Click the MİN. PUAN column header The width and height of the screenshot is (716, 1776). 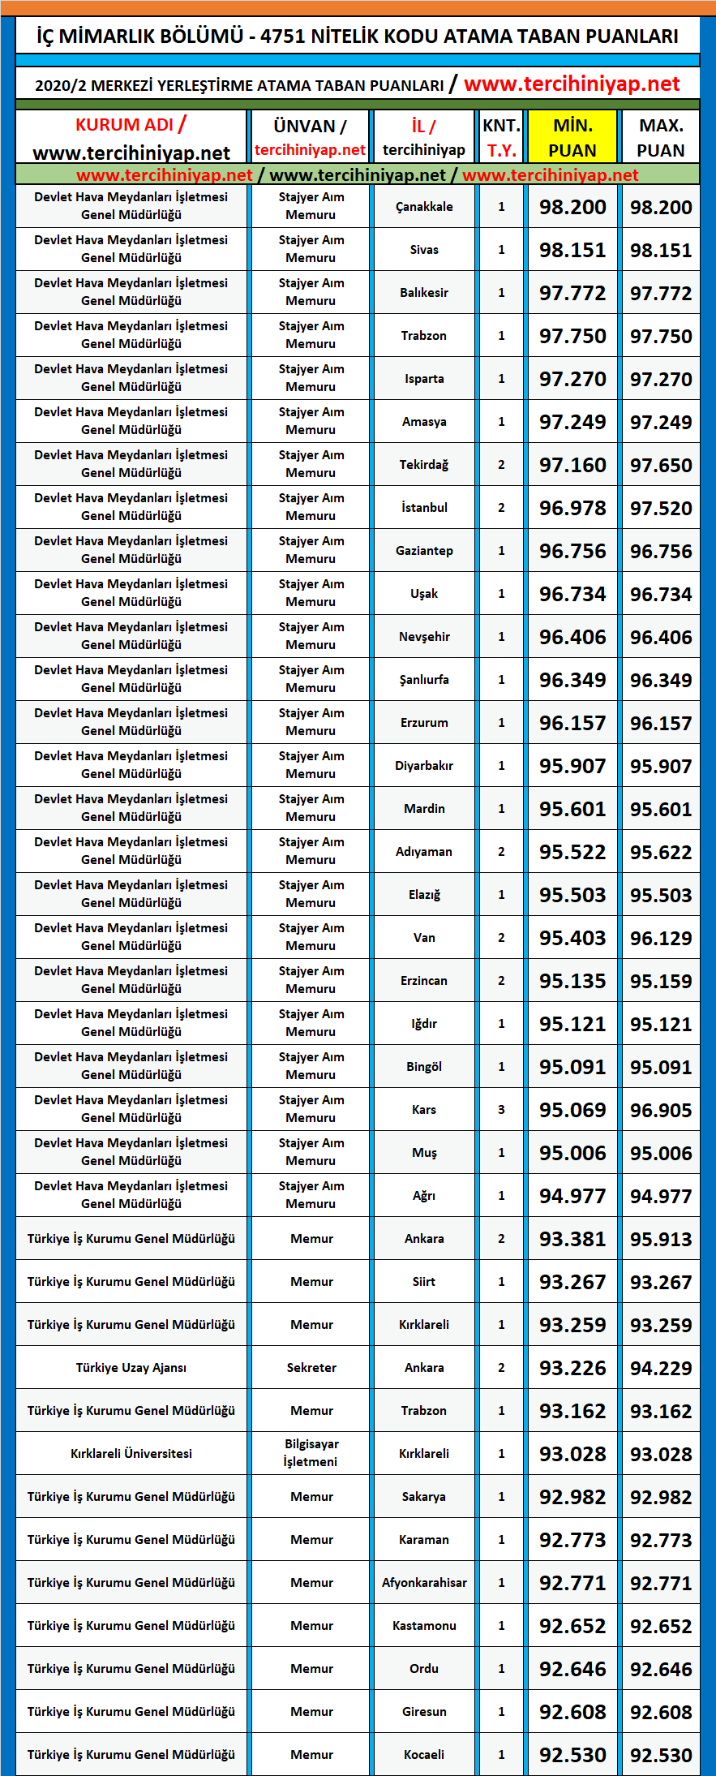pos(572,137)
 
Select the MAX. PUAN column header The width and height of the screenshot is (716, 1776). pos(661,137)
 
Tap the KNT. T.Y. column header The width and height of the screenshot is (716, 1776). pos(501,137)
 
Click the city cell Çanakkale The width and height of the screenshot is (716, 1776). pos(424,207)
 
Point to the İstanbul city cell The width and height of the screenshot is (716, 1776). pos(424,508)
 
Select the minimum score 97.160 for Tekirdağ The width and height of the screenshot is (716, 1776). pos(572,466)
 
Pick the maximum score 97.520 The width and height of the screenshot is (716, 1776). pos(661,509)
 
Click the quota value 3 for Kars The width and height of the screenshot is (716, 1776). pos(501,1110)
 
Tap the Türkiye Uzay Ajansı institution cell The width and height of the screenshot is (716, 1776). pos(131,1368)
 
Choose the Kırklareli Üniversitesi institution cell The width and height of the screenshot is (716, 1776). pos(131,1454)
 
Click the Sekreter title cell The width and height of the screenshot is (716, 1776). pos(311,1368)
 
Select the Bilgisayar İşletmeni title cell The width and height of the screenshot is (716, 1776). pos(311,1453)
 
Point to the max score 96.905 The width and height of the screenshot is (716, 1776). pos(661,1111)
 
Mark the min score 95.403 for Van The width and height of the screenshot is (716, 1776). pos(572,939)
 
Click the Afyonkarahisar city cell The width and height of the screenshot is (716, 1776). pos(424,1583)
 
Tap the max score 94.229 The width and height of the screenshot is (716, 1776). pos(661,1369)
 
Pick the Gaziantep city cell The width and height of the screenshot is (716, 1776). pos(424,551)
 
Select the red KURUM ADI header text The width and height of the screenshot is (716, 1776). pos(124,125)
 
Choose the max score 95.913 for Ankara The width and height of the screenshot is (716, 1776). pos(661,1240)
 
